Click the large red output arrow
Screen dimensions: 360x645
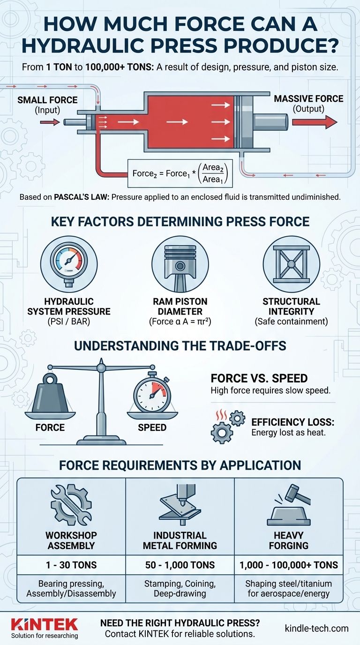pyautogui.click(x=315, y=122)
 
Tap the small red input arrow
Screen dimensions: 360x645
pyautogui.click(x=50, y=123)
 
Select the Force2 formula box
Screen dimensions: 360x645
pyautogui.click(x=180, y=173)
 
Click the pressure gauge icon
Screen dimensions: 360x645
pyautogui.click(x=69, y=264)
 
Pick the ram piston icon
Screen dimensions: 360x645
pyautogui.click(x=180, y=264)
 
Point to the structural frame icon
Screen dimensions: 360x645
pyautogui.click(x=292, y=264)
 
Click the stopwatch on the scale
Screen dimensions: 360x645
pyautogui.click(x=152, y=391)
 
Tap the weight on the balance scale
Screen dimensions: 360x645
pyautogui.click(x=50, y=392)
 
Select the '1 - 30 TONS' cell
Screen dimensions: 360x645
pyautogui.click(x=71, y=565)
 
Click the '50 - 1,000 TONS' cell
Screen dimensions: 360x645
pyautogui.click(x=180, y=565)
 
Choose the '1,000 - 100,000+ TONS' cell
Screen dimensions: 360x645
pyautogui.click(x=289, y=565)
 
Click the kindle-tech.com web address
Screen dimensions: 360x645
pyautogui.click(x=316, y=628)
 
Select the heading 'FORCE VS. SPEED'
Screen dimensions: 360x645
pyautogui.click(x=259, y=378)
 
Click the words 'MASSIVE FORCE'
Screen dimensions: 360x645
pyautogui.click(x=308, y=99)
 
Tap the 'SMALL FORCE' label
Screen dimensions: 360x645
pyautogui.click(x=47, y=100)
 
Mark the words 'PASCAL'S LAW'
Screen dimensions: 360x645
pyautogui.click(x=82, y=197)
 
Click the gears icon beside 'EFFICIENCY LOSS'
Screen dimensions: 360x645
pyautogui.click(x=228, y=427)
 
